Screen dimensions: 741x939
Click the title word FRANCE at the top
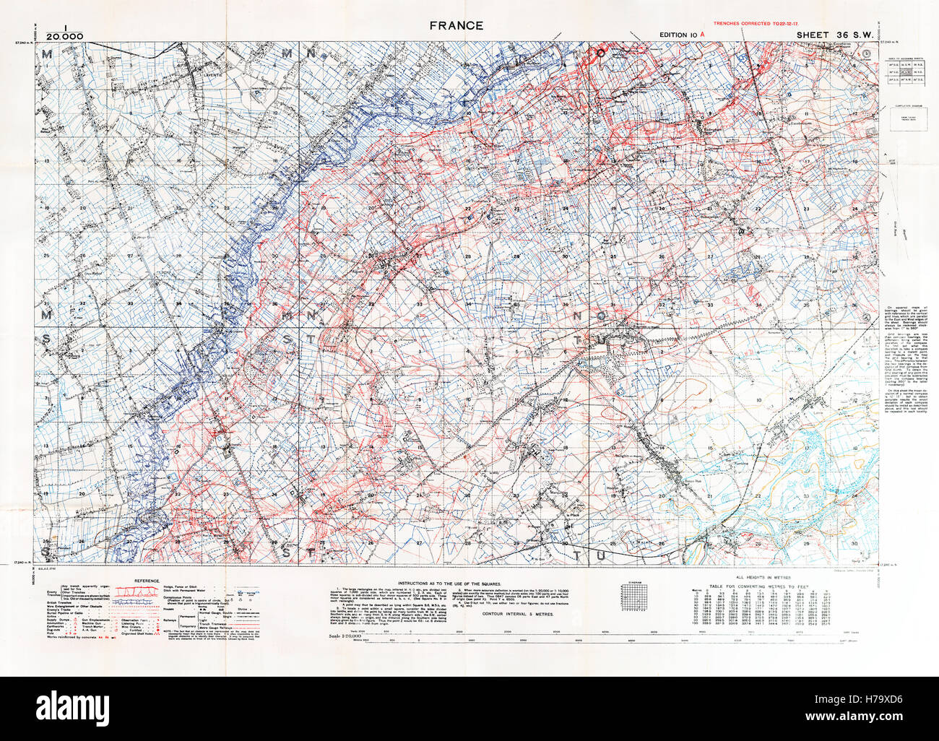(x=456, y=26)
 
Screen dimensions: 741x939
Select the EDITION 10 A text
(x=683, y=35)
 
